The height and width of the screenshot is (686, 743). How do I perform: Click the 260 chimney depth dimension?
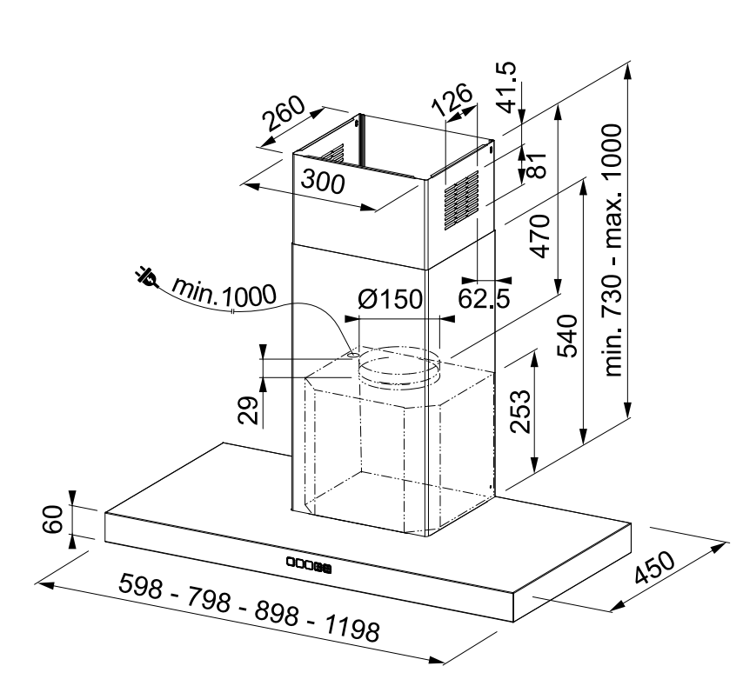284,114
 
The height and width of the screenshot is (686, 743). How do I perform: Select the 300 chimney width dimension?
323,183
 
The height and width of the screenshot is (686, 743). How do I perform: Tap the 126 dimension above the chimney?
452,99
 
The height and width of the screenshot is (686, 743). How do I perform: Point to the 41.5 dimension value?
507,88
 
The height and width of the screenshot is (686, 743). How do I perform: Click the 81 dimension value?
537,164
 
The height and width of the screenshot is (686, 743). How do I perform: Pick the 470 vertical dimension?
540,236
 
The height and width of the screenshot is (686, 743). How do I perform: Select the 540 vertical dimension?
568,336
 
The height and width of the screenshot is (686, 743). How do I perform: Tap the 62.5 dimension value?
484,298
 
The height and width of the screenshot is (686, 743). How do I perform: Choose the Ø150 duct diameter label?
390,299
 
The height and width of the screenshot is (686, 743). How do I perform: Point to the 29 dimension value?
248,410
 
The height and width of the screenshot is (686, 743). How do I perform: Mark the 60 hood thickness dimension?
52,519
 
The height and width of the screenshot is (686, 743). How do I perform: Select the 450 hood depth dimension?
654,568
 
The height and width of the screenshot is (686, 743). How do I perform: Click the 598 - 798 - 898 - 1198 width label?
249,608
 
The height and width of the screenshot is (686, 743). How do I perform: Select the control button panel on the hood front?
309,564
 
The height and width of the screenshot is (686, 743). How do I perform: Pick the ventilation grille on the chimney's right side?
461,201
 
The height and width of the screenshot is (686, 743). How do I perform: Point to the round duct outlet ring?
398,367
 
